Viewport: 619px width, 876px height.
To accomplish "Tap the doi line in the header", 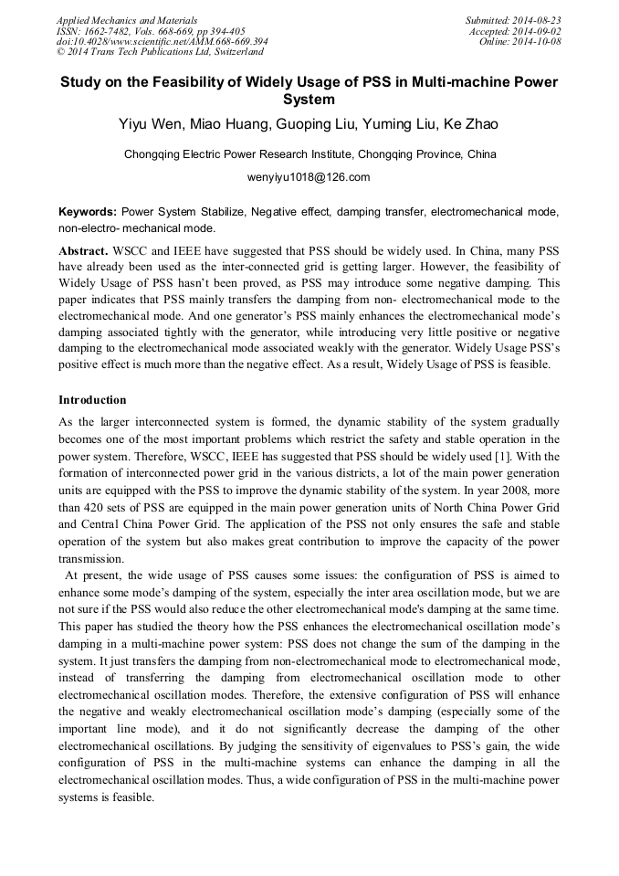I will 162,41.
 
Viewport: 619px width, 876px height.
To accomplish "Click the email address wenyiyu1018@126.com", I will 309,177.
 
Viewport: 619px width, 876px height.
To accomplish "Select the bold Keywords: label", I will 88,211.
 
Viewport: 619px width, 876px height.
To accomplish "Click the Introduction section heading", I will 92,400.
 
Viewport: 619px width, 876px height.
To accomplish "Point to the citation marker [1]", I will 520,456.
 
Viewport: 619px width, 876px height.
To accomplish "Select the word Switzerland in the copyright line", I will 234,52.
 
